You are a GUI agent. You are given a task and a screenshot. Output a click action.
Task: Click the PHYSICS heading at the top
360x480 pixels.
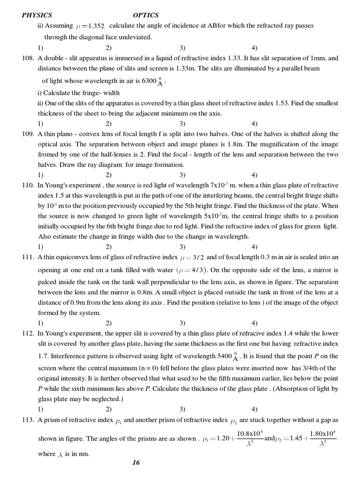[x=37, y=15]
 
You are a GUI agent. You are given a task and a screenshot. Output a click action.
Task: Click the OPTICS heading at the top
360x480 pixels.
[x=146, y=15]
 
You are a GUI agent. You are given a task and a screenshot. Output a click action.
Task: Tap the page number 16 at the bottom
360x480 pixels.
[x=136, y=463]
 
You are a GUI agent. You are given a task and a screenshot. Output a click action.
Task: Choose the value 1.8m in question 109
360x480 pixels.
[x=228, y=144]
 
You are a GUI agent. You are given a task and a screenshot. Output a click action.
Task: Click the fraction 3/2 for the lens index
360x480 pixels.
[x=195, y=257]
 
